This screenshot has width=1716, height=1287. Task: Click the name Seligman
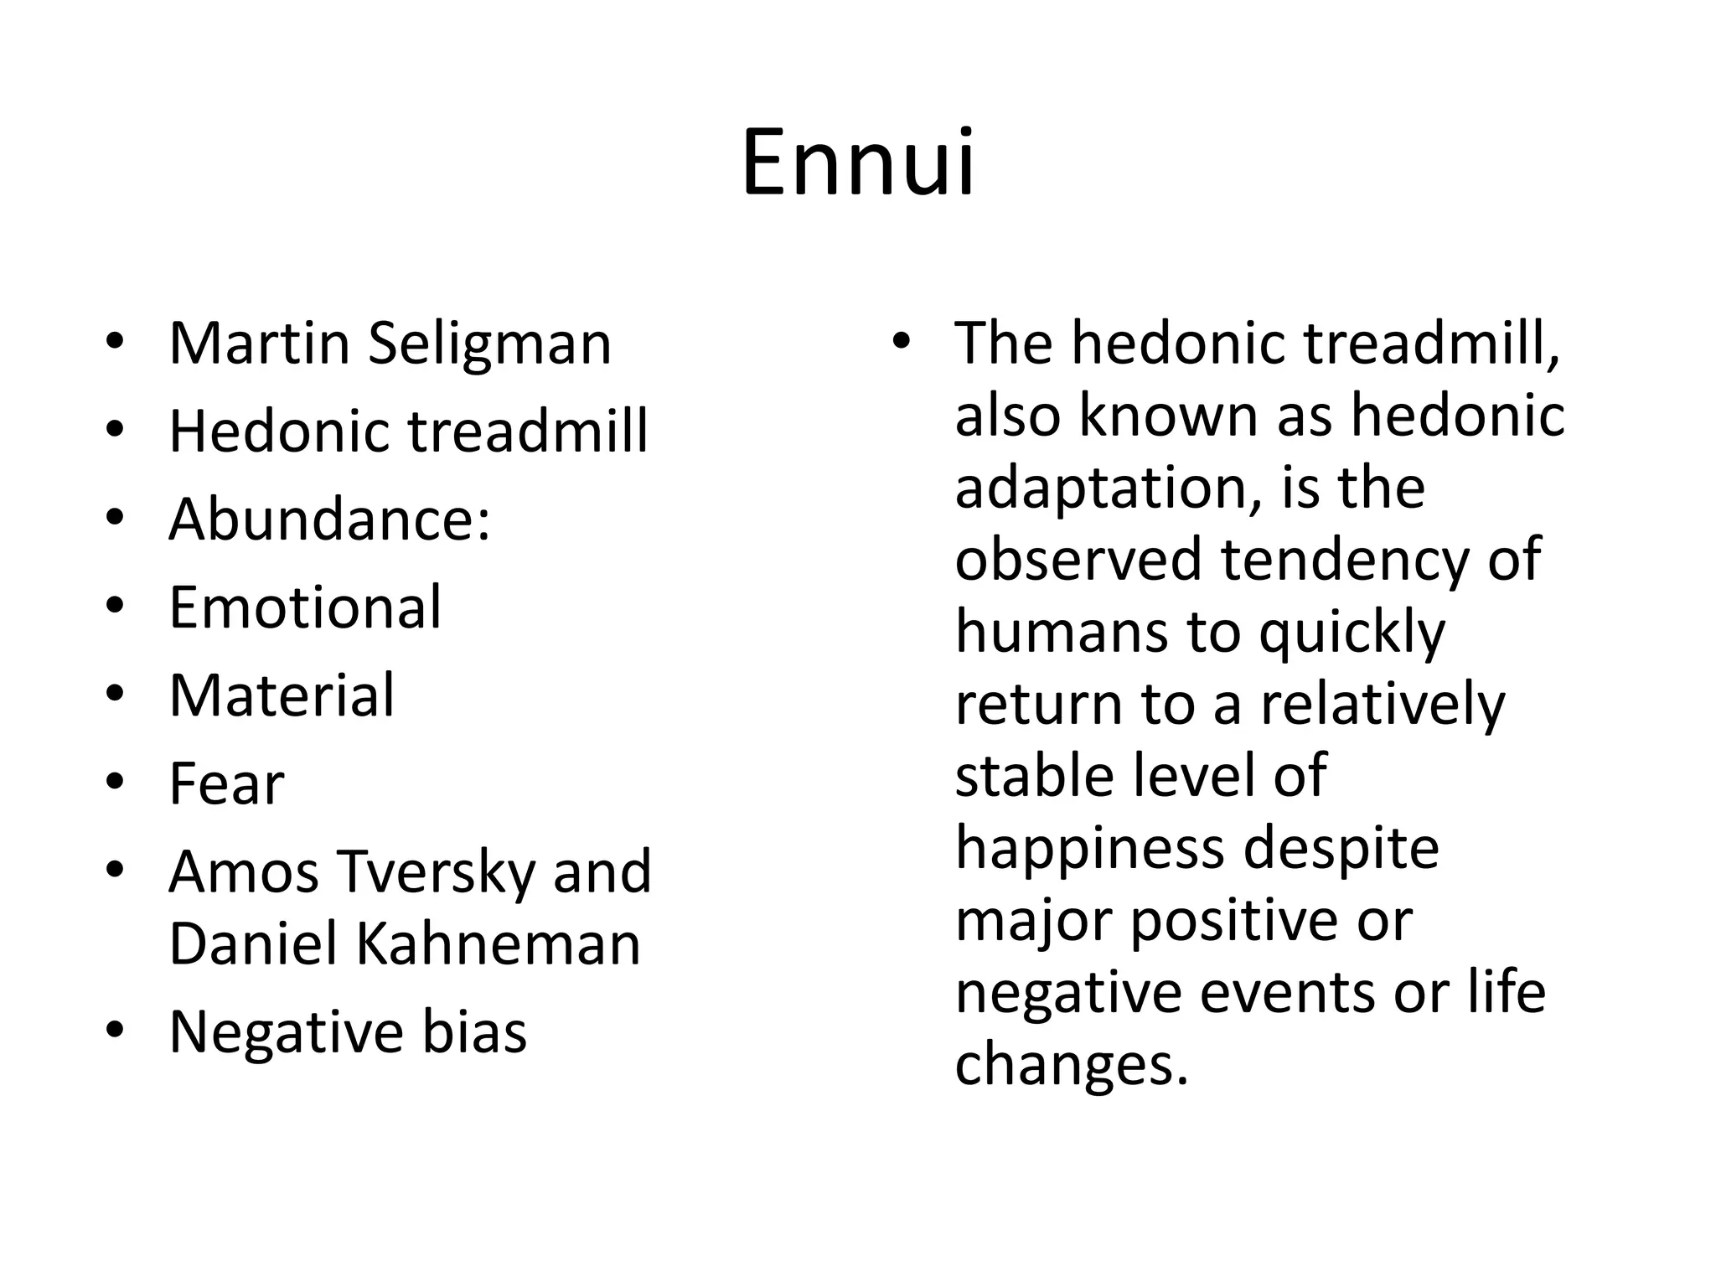[489, 344]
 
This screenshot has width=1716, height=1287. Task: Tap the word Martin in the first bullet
[259, 344]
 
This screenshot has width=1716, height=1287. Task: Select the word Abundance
[322, 519]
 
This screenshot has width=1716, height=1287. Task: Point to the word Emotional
[305, 607]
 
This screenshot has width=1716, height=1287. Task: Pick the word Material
[282, 695]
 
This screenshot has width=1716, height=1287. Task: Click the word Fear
[226, 784]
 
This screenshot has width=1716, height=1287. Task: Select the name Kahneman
[499, 944]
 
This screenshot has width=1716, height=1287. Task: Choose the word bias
[473, 1032]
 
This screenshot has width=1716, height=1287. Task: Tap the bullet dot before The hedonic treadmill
[901, 341]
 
